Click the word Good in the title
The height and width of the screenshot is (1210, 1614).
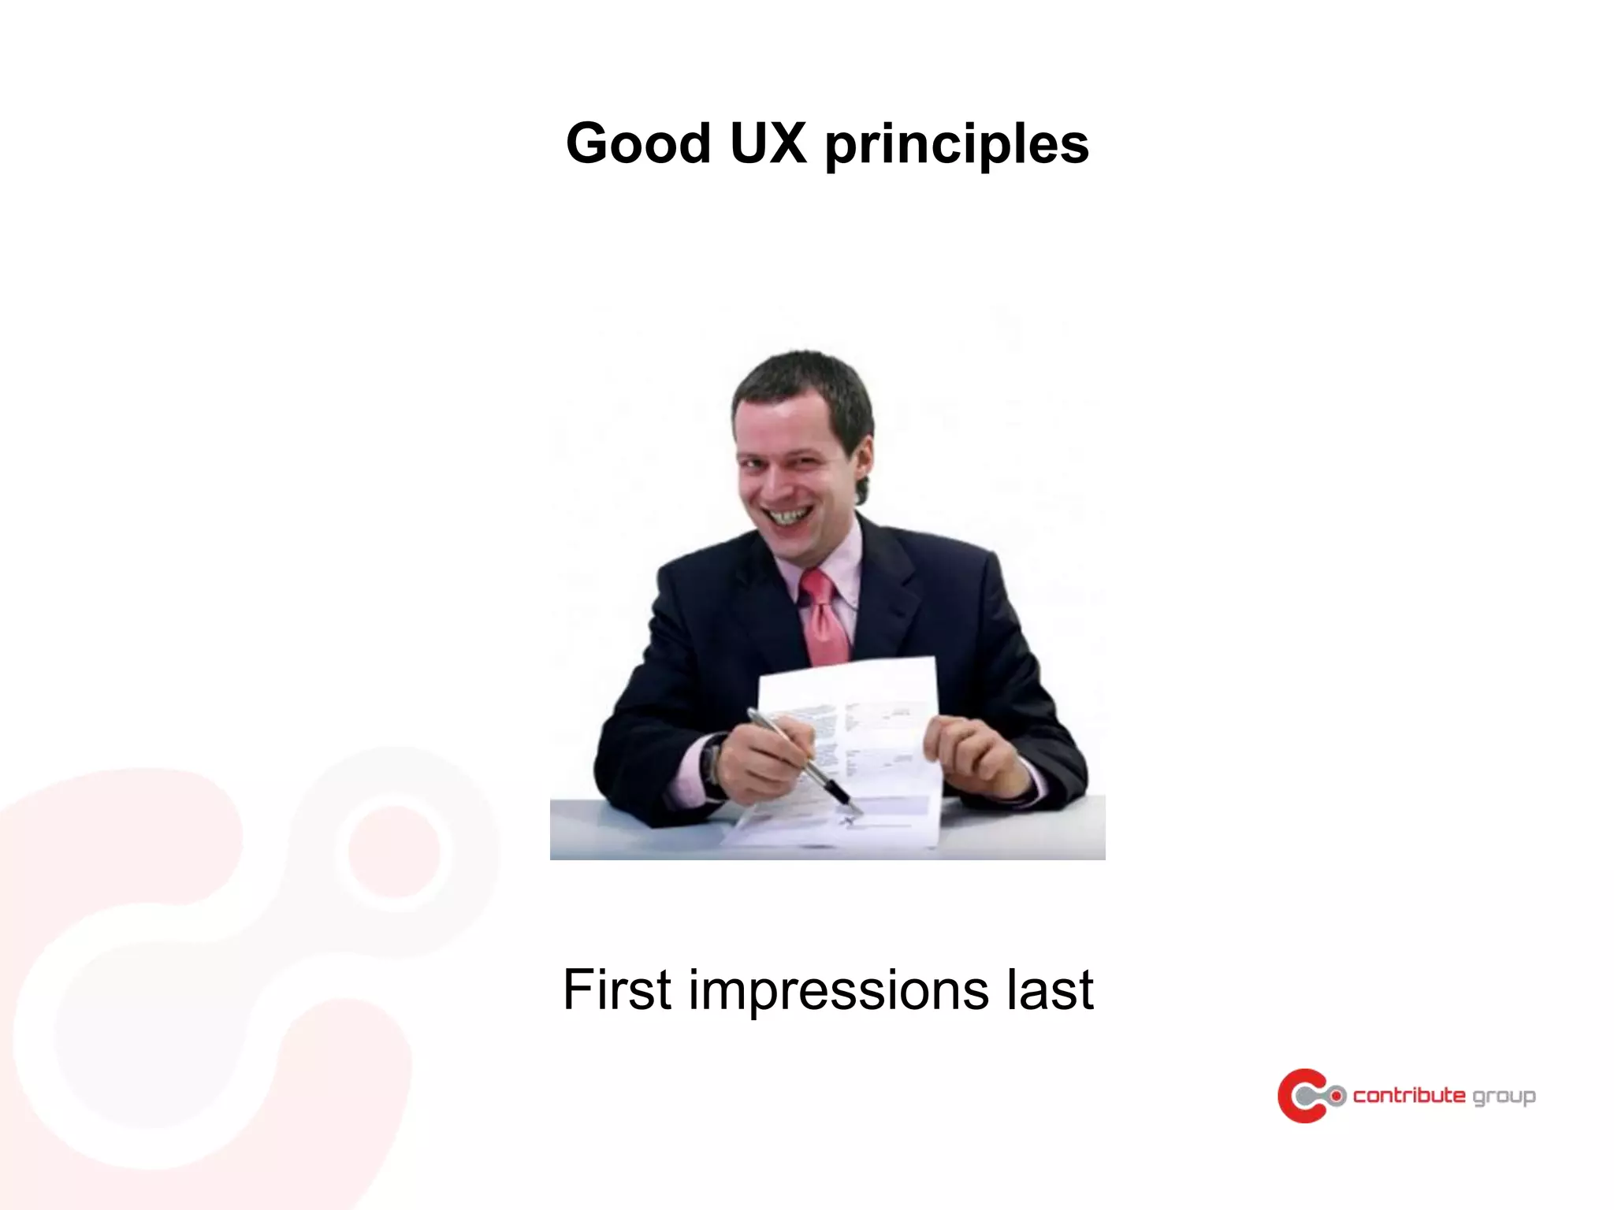tap(638, 144)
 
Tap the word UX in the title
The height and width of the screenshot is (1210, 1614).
tap(768, 144)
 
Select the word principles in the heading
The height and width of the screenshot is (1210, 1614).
tap(957, 147)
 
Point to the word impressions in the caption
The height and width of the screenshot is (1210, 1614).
tap(839, 991)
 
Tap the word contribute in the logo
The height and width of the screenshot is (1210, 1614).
tap(1409, 1095)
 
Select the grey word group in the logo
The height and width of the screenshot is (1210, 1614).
tap(1504, 1097)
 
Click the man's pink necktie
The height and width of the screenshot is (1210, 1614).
tap(824, 622)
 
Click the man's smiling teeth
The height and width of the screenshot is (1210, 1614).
tap(789, 516)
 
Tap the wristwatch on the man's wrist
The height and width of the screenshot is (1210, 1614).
tap(713, 760)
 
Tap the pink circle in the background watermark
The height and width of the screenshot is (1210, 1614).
tap(393, 851)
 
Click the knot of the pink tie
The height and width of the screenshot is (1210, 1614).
tap(816, 585)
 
